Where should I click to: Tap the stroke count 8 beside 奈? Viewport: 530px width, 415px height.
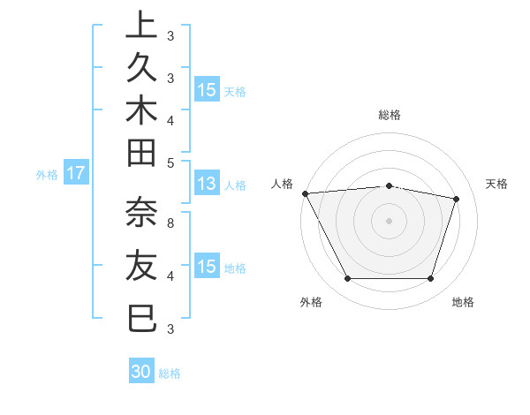click(170, 224)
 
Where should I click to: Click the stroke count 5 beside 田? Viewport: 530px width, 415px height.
click(170, 162)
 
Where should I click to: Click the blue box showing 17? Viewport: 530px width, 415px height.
click(76, 173)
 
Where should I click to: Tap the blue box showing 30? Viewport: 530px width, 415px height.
click(141, 373)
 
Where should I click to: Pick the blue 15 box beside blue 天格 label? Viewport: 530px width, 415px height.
click(207, 89)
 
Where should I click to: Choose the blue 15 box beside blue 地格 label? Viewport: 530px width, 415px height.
click(207, 266)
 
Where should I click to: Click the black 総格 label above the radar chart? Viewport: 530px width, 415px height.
click(390, 116)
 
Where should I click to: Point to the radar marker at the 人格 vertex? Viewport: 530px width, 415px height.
click(305, 193)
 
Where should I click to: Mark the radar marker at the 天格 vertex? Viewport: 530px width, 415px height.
click(456, 199)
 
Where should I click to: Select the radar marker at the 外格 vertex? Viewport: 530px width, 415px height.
click(347, 279)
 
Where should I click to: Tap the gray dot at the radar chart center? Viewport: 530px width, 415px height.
click(389, 220)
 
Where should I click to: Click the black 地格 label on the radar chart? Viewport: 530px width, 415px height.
click(463, 303)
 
